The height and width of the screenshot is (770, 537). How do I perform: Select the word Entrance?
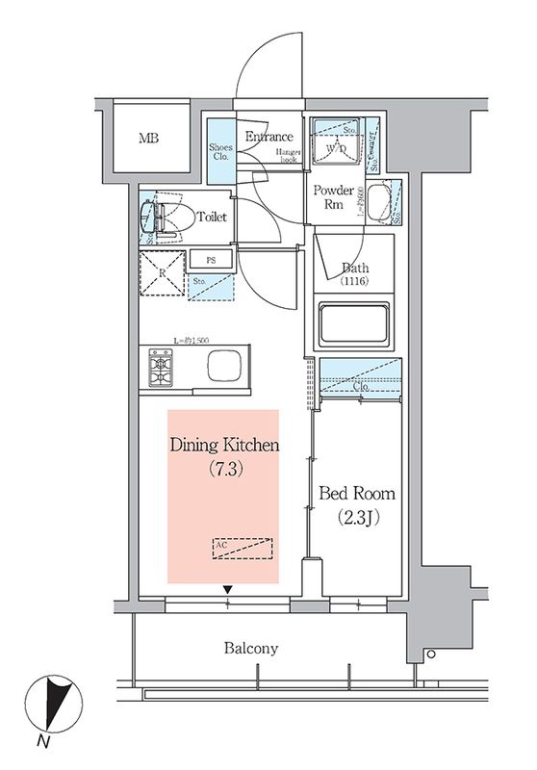click(268, 137)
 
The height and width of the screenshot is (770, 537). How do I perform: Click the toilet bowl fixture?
click(160, 218)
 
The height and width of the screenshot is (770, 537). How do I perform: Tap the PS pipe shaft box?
click(209, 259)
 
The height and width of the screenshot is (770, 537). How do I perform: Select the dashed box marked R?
click(163, 272)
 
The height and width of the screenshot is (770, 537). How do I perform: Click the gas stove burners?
click(160, 366)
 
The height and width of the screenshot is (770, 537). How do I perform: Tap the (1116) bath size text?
click(354, 281)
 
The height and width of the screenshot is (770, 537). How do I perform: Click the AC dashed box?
click(242, 549)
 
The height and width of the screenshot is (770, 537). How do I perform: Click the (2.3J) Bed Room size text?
click(357, 518)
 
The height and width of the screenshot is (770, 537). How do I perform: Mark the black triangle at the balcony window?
click(228, 589)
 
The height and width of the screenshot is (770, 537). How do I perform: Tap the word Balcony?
click(251, 648)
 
